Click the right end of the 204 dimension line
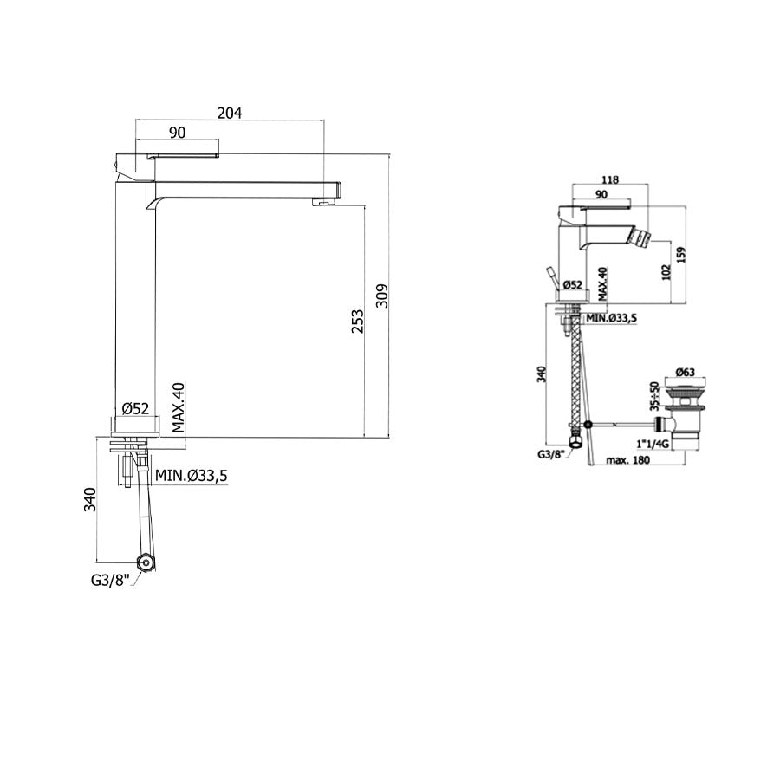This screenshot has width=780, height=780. [x=324, y=120]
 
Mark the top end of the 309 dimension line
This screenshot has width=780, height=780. [x=388, y=154]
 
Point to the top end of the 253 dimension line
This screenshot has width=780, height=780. [x=364, y=205]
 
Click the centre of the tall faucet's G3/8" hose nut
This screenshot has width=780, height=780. [x=146, y=562]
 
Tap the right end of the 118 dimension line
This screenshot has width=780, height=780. [x=648, y=185]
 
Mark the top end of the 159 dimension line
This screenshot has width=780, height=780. [x=686, y=205]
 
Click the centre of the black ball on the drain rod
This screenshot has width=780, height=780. [x=589, y=425]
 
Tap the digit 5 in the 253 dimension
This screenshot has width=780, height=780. [x=358, y=322]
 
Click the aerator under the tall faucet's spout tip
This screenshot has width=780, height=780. [x=321, y=201]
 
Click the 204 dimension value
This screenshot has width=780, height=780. [x=230, y=113]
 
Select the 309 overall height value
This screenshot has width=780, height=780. [x=381, y=296]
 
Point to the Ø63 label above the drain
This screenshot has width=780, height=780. [x=685, y=372]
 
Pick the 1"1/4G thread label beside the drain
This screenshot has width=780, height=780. [x=652, y=443]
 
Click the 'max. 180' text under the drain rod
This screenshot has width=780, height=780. [x=627, y=460]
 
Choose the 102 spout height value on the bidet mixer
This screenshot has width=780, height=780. [x=666, y=272]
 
